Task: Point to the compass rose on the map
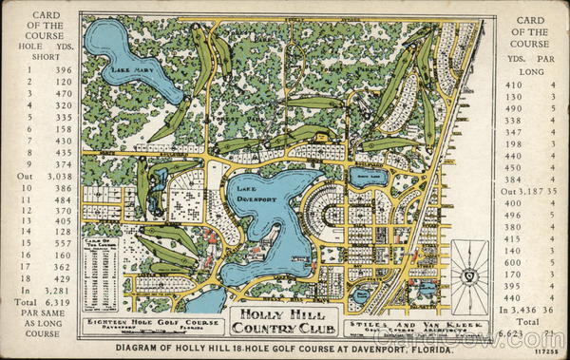point(468,273)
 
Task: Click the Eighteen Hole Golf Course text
point(153,324)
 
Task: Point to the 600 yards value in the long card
point(515,262)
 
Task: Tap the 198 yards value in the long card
point(515,142)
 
